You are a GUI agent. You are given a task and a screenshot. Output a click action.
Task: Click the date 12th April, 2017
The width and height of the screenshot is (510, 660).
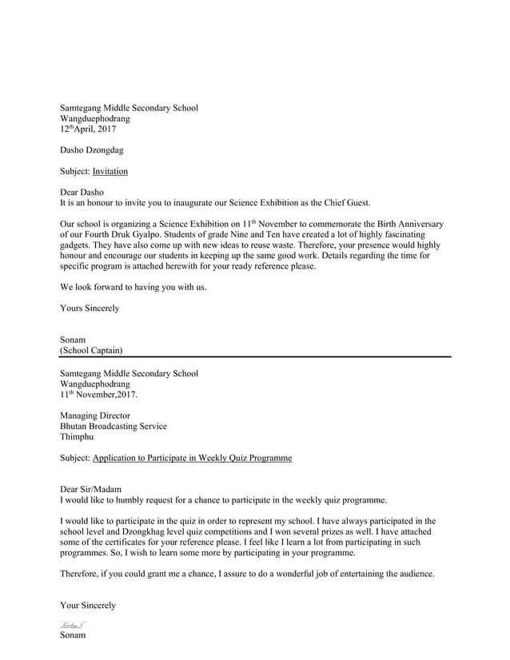[88, 129]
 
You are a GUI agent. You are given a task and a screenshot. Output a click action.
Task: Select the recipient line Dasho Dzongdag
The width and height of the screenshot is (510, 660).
[92, 150]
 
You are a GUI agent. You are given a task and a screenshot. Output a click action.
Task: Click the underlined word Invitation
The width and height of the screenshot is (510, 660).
[110, 171]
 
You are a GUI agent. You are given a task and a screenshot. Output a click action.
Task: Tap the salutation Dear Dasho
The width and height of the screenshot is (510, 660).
[82, 192]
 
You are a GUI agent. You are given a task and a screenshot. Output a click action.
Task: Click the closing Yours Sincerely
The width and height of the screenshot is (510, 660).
[90, 308]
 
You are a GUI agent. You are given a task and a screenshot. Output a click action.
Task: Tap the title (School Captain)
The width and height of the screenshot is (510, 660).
[91, 350]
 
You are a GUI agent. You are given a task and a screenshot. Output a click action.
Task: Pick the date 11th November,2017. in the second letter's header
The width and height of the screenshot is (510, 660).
[99, 395]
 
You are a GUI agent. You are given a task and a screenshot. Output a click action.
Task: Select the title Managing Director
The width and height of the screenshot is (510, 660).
[95, 415]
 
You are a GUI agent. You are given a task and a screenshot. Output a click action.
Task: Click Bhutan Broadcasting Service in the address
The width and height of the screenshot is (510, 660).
[114, 427]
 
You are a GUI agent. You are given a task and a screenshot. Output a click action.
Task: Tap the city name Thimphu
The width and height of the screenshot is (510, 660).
[77, 437]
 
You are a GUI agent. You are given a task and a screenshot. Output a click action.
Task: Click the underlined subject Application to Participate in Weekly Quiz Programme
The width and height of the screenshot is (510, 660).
[192, 459]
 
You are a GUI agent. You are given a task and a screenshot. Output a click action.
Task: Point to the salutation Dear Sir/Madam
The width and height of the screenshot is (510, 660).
[91, 489]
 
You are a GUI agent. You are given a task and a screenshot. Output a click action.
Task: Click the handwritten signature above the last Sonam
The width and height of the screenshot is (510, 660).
[72, 624]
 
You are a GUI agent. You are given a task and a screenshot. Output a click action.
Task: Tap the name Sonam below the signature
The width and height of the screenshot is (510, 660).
[73, 635]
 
